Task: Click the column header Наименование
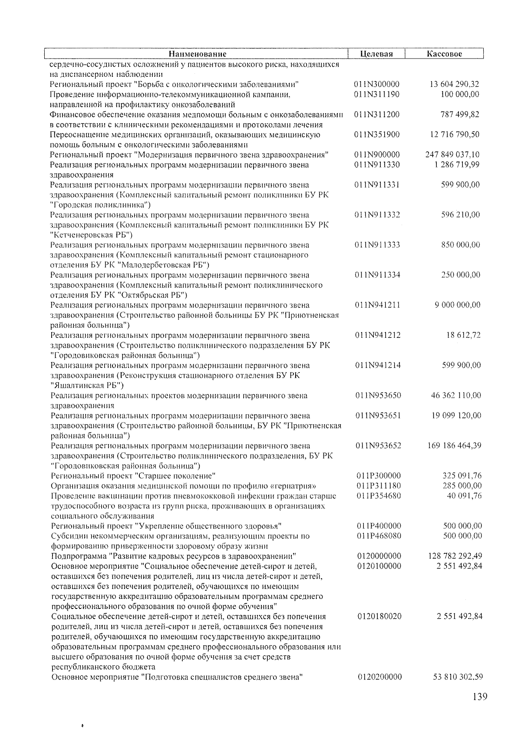(198, 54)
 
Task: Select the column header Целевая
(376, 54)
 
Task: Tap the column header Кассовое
(444, 54)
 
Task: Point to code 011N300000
(377, 84)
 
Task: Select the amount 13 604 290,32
(454, 84)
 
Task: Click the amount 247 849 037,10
(453, 154)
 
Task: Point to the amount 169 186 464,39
(454, 445)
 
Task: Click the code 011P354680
(379, 496)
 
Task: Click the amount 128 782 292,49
(455, 556)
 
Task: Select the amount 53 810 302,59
(458, 677)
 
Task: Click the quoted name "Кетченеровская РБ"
(92, 235)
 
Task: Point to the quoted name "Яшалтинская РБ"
(87, 385)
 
